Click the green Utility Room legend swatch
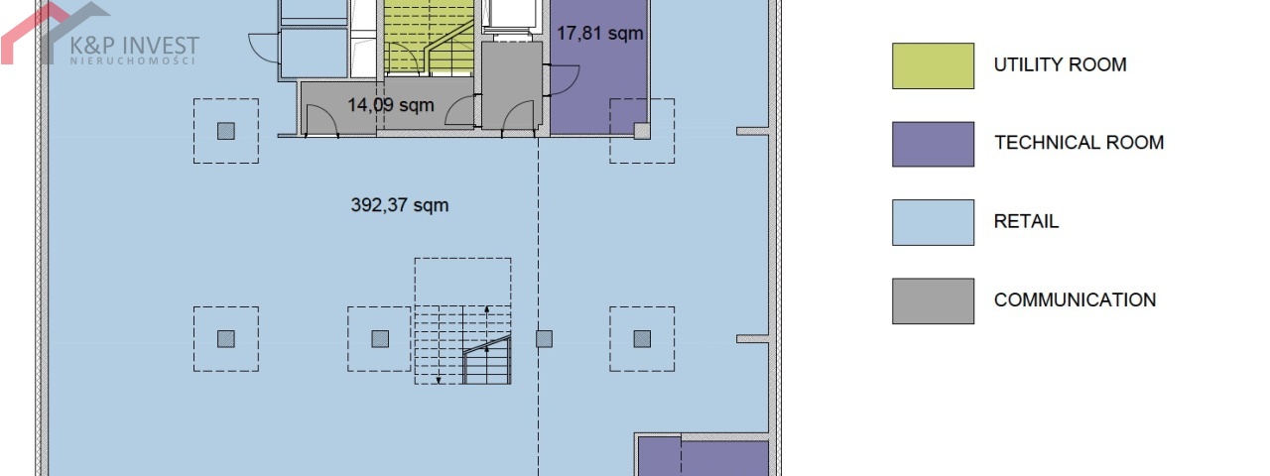coord(934,65)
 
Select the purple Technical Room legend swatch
coord(934,144)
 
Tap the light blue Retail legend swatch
coord(934,222)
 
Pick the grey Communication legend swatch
coord(934,300)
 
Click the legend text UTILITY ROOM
coord(1061,64)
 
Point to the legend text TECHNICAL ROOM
coord(1079,142)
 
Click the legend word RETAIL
coord(1026,221)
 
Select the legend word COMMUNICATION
coord(1075,299)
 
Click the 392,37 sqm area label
coord(400,205)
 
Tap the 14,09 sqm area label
coord(391,105)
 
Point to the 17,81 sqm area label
coord(600,33)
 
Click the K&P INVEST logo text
coord(134,45)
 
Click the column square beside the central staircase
coord(545,339)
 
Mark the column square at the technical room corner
coord(642,132)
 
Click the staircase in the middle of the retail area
coord(462,344)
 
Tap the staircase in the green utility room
coord(430,37)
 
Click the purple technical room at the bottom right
coord(703,456)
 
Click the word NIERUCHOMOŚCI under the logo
coord(133,60)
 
